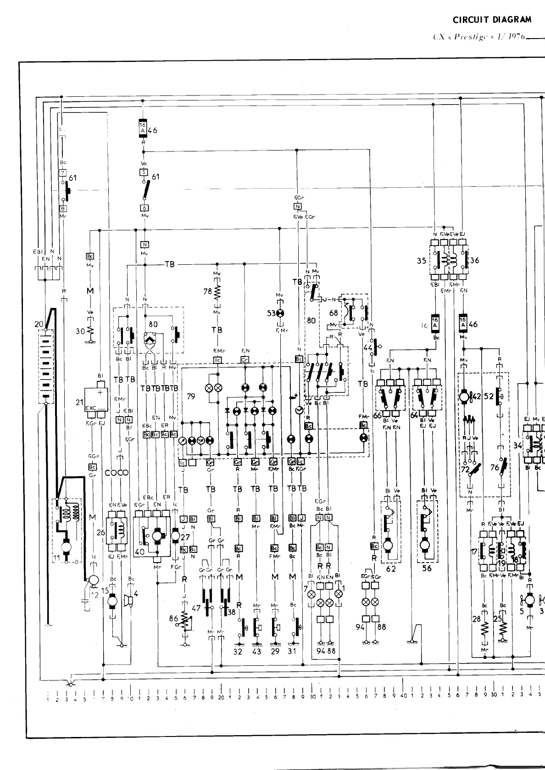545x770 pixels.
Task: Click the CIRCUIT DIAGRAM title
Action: pyautogui.click(x=492, y=20)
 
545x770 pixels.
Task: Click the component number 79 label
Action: pyautogui.click(x=191, y=396)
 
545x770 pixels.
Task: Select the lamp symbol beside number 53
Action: pyautogui.click(x=281, y=313)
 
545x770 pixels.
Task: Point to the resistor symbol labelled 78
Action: pyautogui.click(x=217, y=292)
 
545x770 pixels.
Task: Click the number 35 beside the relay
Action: pyautogui.click(x=421, y=261)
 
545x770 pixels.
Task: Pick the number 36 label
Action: pyautogui.click(x=474, y=261)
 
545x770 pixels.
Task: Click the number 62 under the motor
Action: pyautogui.click(x=390, y=569)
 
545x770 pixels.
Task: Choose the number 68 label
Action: pyautogui.click(x=334, y=313)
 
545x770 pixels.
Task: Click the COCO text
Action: pyautogui.click(x=117, y=473)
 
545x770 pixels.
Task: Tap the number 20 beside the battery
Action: pyautogui.click(x=39, y=324)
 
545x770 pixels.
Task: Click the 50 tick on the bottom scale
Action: pyautogui.click(x=494, y=699)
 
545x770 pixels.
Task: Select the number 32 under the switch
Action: pyautogui.click(x=237, y=651)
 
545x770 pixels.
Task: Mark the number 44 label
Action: pyautogui.click(x=368, y=348)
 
